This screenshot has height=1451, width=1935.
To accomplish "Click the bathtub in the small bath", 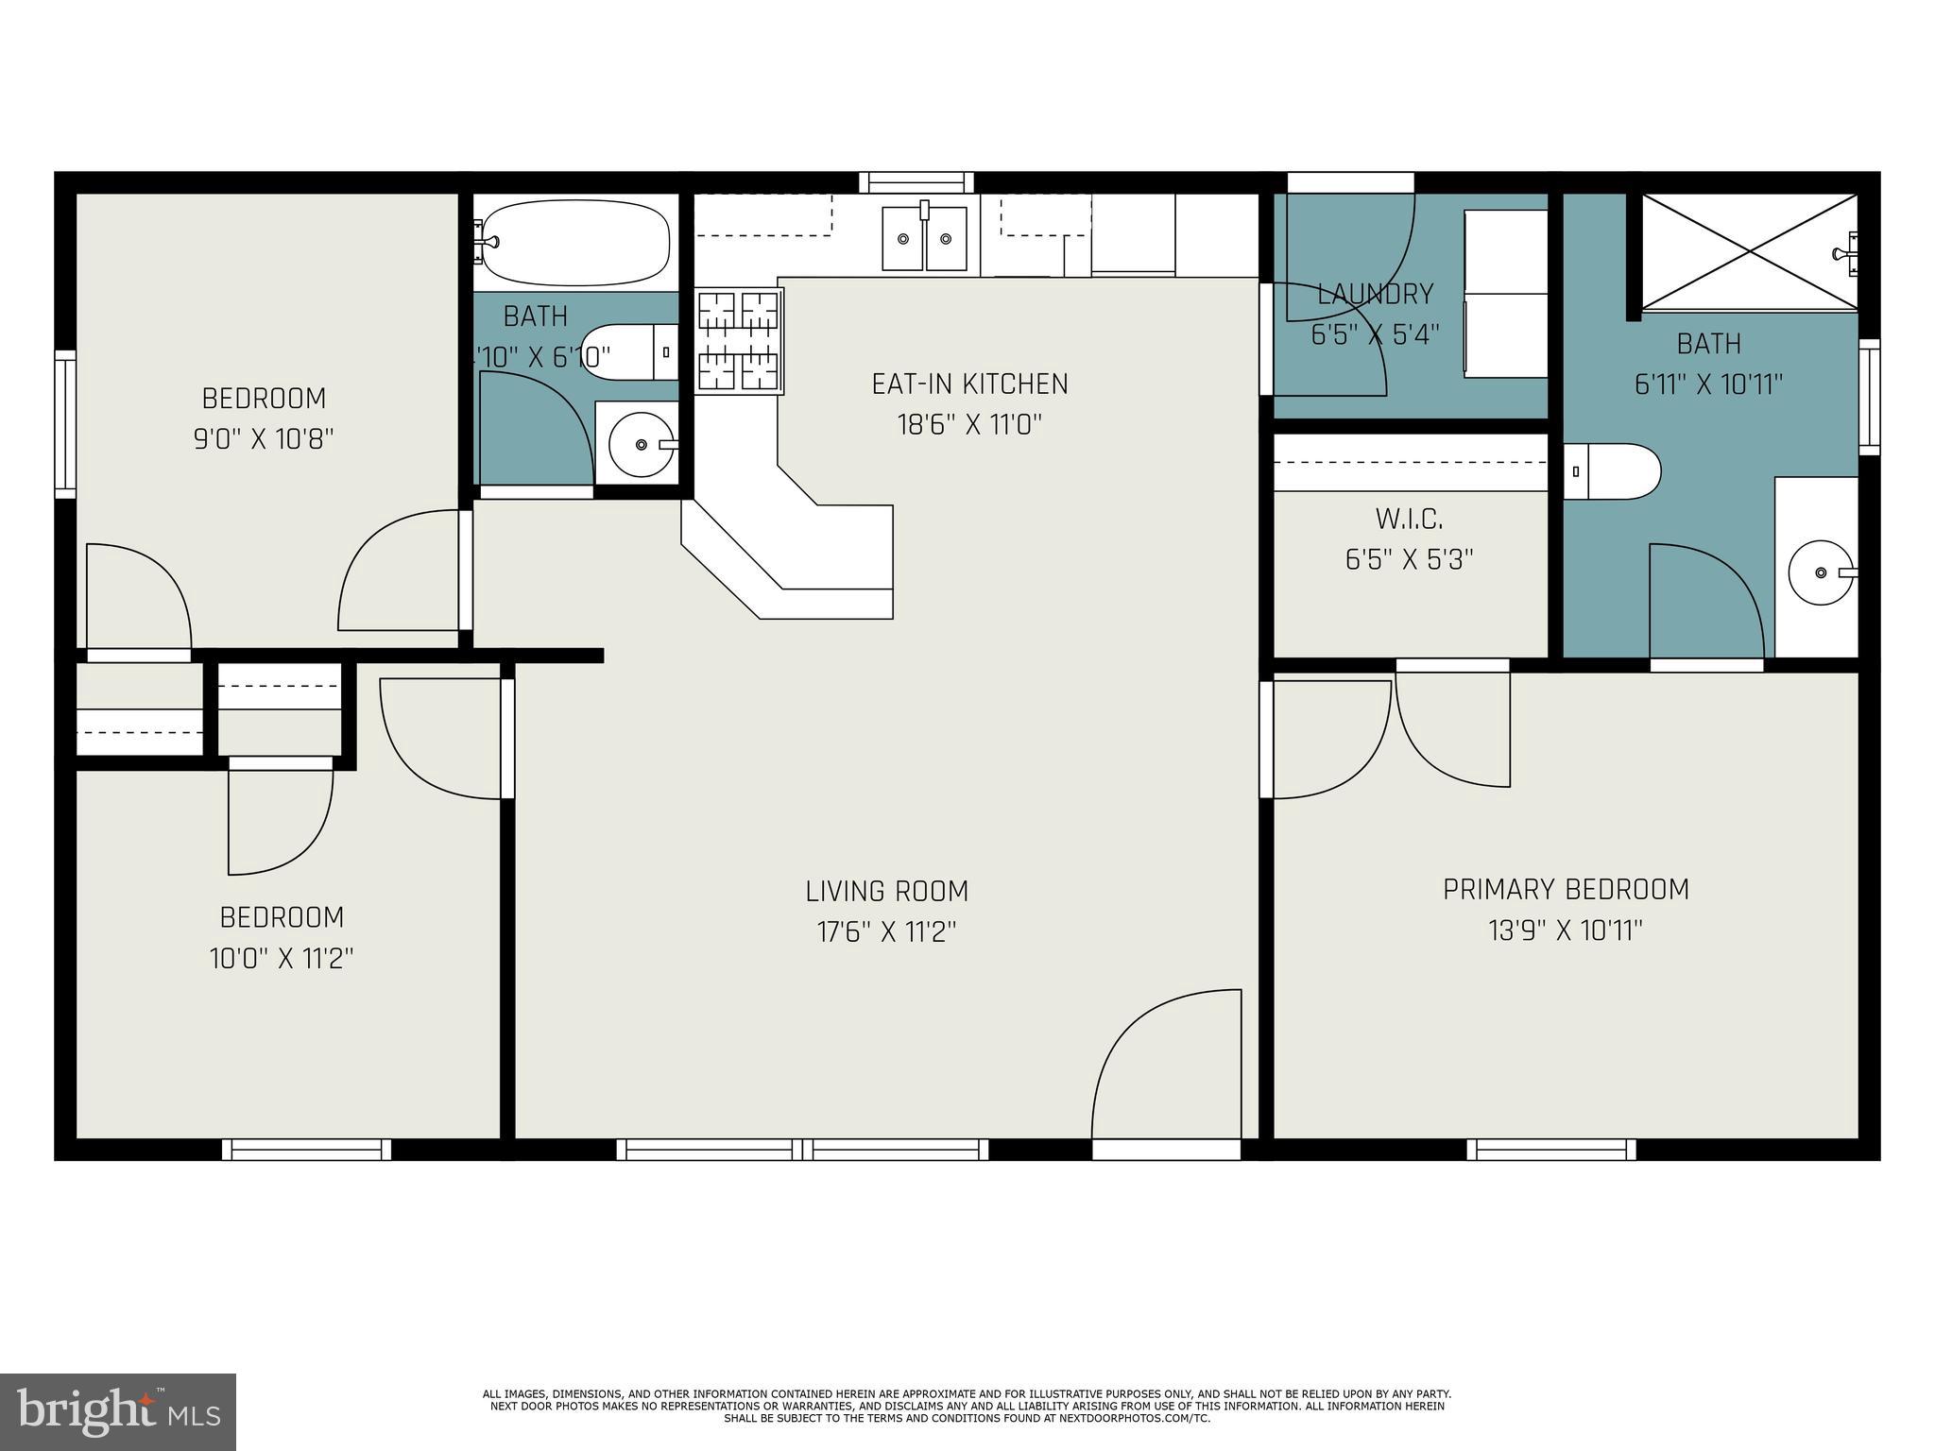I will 574,241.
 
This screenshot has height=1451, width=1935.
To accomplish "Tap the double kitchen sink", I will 924,238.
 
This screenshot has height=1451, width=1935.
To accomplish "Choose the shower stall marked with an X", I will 1750,251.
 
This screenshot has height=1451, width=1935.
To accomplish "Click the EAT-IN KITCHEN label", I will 969,384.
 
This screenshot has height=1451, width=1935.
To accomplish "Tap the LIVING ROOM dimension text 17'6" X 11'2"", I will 886,932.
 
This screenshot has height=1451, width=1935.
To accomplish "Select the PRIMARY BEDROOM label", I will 1566,889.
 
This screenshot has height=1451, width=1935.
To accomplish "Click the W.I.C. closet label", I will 1409,519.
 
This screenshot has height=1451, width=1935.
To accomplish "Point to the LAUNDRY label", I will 1375,294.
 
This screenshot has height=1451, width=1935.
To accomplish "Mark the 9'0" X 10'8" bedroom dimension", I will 264,439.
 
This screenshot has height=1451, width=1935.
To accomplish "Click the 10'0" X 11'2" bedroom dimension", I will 282,959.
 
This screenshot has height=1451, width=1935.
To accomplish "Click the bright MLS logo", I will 117,1411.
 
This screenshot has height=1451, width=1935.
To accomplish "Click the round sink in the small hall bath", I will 641,444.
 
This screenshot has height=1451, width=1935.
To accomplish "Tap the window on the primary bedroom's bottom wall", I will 1551,1149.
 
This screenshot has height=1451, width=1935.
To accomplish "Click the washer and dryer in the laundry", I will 1505,294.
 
